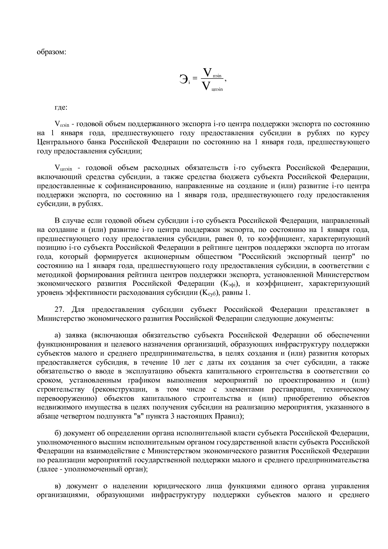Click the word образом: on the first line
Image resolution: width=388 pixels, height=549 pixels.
[52, 52]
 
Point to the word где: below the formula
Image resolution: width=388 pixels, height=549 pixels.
[61, 107]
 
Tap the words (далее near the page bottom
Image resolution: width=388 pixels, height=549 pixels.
[47, 469]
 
